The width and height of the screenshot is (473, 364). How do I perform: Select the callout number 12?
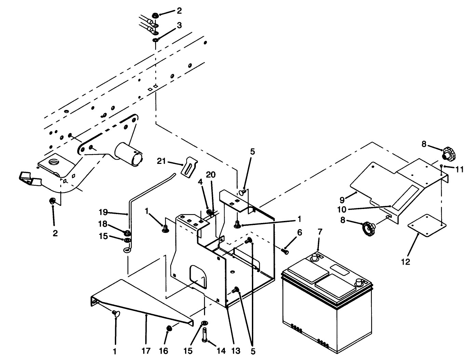406,262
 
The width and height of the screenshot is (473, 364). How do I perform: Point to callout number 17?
146,351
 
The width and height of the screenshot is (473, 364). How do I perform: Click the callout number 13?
235,351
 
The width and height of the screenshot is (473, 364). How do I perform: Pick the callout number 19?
103,212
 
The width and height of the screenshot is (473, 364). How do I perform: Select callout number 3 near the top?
179,25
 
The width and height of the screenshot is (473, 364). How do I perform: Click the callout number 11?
460,169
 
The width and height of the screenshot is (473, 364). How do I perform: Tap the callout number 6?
299,233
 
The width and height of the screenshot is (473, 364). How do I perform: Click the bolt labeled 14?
205,335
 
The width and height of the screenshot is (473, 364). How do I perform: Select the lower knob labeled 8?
369,226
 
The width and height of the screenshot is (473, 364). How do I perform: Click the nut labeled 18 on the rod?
126,234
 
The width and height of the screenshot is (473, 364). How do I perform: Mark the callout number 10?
342,209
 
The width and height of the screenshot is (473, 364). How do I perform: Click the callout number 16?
164,351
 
